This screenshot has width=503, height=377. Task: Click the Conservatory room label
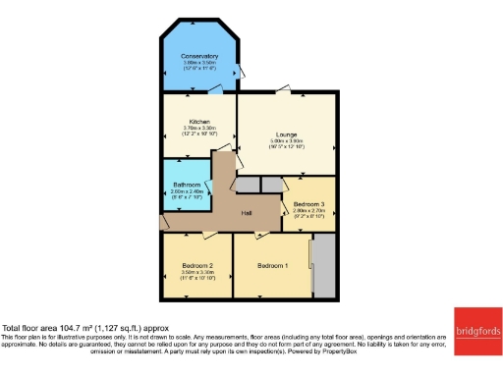(x=199, y=56)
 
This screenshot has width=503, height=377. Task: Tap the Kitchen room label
(x=199, y=122)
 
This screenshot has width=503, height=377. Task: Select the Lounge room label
(x=287, y=134)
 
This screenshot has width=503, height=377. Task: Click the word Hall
(x=249, y=213)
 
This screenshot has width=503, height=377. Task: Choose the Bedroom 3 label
(x=308, y=203)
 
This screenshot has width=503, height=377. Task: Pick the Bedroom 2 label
(x=196, y=265)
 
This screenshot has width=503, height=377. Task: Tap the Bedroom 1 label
(x=273, y=265)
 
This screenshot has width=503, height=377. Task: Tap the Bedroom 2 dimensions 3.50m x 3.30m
(x=196, y=272)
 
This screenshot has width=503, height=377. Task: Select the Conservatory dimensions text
(x=199, y=64)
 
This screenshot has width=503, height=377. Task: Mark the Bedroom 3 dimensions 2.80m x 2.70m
(x=308, y=211)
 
